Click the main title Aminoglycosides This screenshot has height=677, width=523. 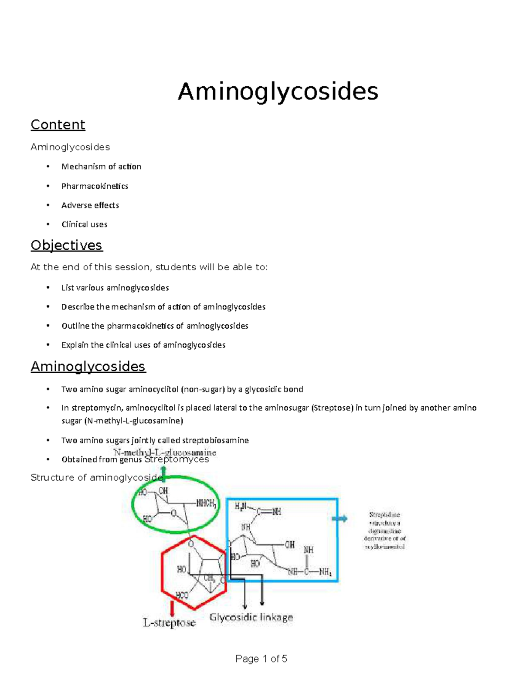tap(278, 92)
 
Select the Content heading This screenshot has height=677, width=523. tap(58, 125)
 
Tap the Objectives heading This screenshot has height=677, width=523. tap(67, 245)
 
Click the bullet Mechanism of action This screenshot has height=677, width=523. tap(101, 167)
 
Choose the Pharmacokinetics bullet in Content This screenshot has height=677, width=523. tap(95, 186)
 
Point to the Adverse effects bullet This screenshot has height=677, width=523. tap(90, 205)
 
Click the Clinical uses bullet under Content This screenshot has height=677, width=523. tap(84, 225)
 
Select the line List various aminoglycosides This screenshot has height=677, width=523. tap(115, 288)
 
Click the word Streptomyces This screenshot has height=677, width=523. tap(177, 459)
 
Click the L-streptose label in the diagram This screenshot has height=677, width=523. tap(169, 623)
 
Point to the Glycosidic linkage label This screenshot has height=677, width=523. tap(251, 617)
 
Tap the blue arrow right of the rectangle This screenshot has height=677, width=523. tap(340, 518)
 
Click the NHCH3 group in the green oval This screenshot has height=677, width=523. tap(206, 503)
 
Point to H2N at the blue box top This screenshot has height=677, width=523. tap(241, 506)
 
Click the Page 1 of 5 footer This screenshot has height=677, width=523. tap(261, 659)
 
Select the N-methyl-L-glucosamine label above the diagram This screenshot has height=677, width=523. tap(165, 452)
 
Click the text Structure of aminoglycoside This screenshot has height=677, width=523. tap(96, 478)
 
